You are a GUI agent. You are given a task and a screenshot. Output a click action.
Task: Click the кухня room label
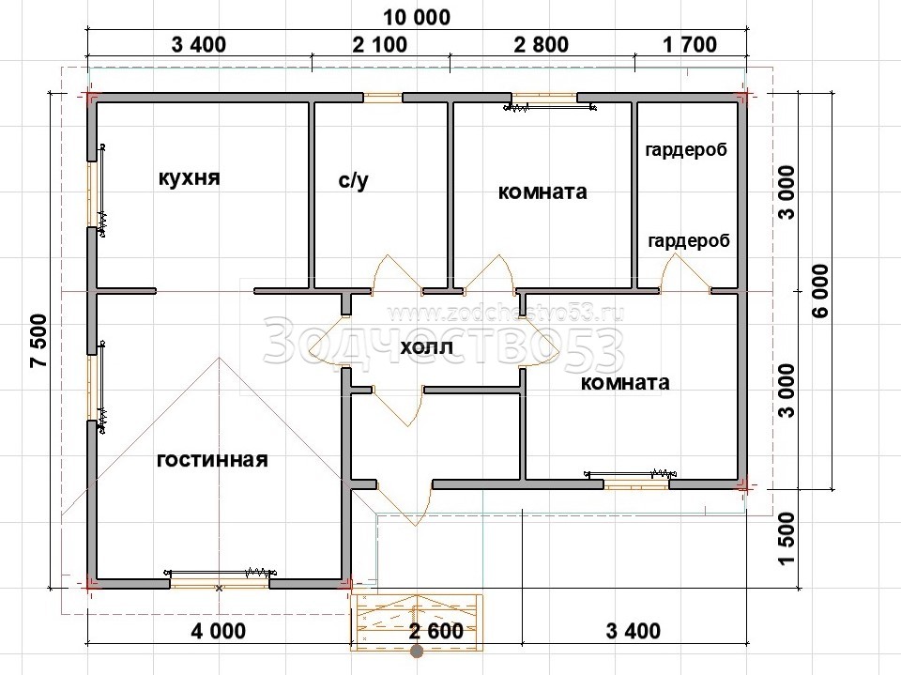189,178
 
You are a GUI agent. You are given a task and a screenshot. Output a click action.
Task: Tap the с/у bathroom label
354,180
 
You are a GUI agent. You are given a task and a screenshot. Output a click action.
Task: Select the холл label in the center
426,347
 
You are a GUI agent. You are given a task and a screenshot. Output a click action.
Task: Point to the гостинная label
212,460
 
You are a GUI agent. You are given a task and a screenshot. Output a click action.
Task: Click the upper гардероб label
686,150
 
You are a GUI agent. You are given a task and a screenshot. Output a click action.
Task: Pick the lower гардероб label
688,241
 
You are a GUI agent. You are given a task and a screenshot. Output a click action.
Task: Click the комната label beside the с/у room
542,192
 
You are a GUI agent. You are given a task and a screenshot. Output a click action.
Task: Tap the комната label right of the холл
625,382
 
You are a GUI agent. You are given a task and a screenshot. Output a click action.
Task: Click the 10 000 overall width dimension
417,17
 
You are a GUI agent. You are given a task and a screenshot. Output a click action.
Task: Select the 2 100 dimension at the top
380,44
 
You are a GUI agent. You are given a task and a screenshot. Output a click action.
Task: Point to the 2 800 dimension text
542,44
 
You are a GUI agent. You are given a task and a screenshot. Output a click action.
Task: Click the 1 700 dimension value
690,44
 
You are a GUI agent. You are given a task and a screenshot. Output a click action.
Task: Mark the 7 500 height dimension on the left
39,341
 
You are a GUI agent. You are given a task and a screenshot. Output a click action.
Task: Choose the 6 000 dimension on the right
820,291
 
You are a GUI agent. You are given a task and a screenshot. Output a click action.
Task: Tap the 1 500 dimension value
787,539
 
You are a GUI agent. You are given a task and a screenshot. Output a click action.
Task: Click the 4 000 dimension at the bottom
219,631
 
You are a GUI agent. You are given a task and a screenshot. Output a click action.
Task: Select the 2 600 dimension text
436,631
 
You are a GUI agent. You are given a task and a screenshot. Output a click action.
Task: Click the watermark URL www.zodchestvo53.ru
506,313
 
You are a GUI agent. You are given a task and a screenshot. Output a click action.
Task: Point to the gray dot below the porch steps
417,652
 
